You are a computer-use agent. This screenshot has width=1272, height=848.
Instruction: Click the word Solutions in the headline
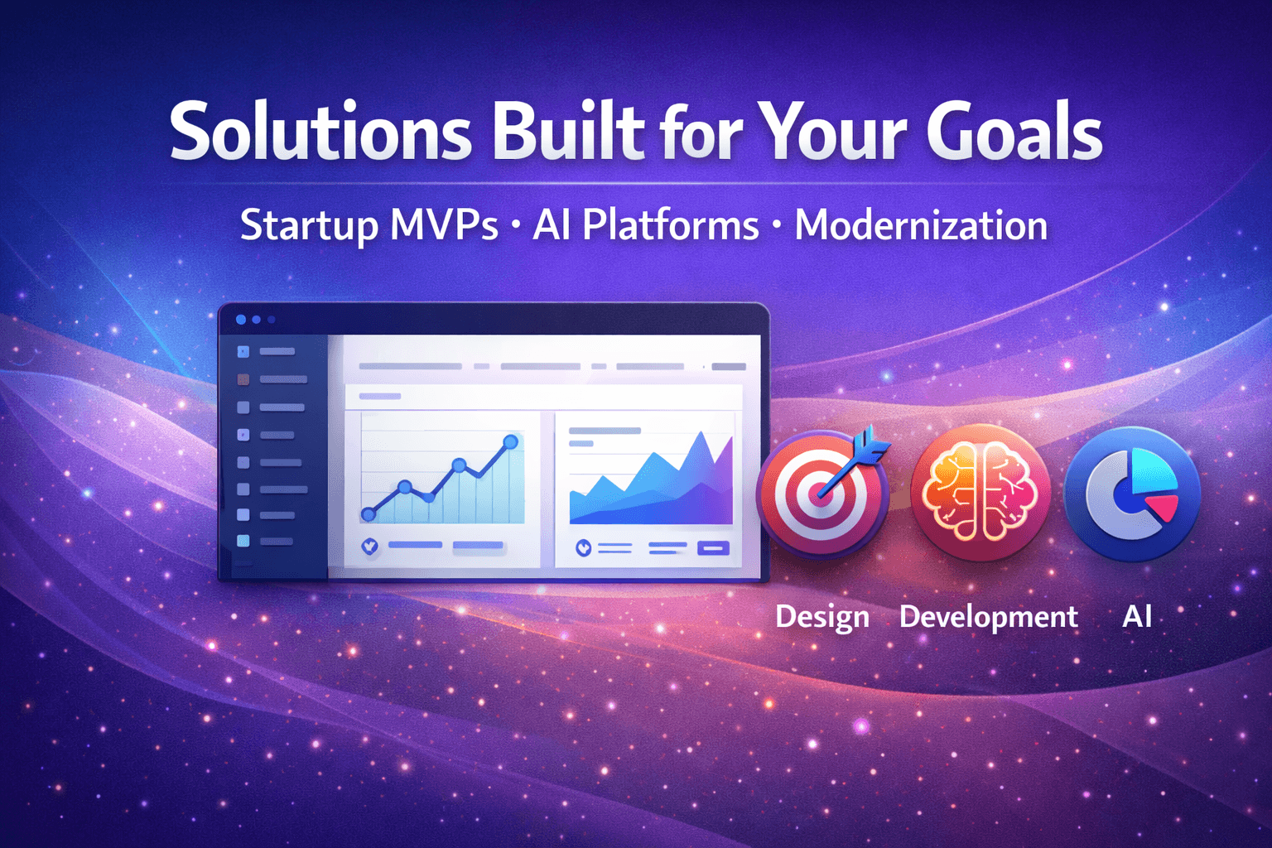[x=320, y=132]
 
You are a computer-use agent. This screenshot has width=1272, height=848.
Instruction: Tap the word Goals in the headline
[x=1014, y=132]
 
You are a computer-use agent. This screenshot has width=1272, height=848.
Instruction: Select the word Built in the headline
[x=568, y=132]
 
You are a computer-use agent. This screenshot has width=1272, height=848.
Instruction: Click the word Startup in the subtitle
[x=308, y=226]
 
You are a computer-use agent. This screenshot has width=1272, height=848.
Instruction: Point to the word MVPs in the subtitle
[x=444, y=225]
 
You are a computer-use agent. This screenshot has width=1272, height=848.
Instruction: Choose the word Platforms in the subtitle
[x=670, y=225]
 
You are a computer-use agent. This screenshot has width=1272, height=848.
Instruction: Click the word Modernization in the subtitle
[x=921, y=225]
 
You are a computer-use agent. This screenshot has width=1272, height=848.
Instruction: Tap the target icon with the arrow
[x=822, y=494]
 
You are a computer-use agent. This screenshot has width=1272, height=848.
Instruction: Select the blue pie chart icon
[x=1132, y=494]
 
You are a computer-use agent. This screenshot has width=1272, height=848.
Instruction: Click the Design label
[x=822, y=617]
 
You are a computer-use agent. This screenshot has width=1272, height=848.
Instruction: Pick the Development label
[x=988, y=617]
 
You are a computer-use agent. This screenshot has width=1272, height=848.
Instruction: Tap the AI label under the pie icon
[x=1137, y=616]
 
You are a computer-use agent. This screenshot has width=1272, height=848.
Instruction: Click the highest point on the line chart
[x=511, y=442]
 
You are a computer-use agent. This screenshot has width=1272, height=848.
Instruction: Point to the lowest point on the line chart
[x=369, y=515]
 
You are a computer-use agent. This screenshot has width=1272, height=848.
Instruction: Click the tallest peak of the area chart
[x=702, y=436]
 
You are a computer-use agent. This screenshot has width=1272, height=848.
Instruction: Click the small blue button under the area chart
[x=714, y=547]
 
